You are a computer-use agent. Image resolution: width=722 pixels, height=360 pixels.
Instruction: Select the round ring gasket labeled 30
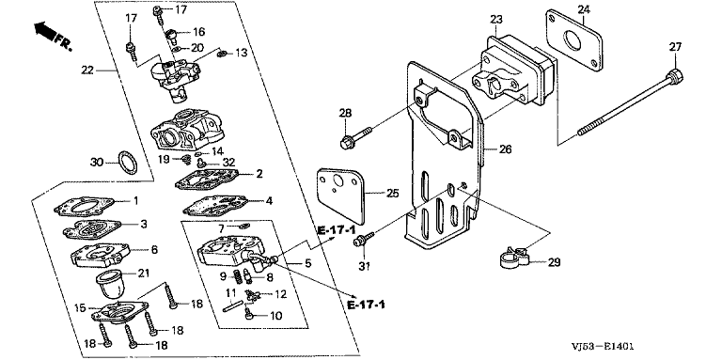128,163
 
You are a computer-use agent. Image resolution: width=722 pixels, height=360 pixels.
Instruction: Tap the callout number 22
87,70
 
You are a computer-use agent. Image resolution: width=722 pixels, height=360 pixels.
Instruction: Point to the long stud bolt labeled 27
630,102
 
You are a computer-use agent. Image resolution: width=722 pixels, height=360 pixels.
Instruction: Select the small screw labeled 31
363,239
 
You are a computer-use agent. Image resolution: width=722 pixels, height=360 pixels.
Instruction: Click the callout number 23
496,20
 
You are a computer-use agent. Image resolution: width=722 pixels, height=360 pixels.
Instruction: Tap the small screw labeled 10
250,315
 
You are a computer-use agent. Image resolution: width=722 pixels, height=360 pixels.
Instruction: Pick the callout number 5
307,264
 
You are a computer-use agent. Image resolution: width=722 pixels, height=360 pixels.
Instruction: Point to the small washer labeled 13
221,55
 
